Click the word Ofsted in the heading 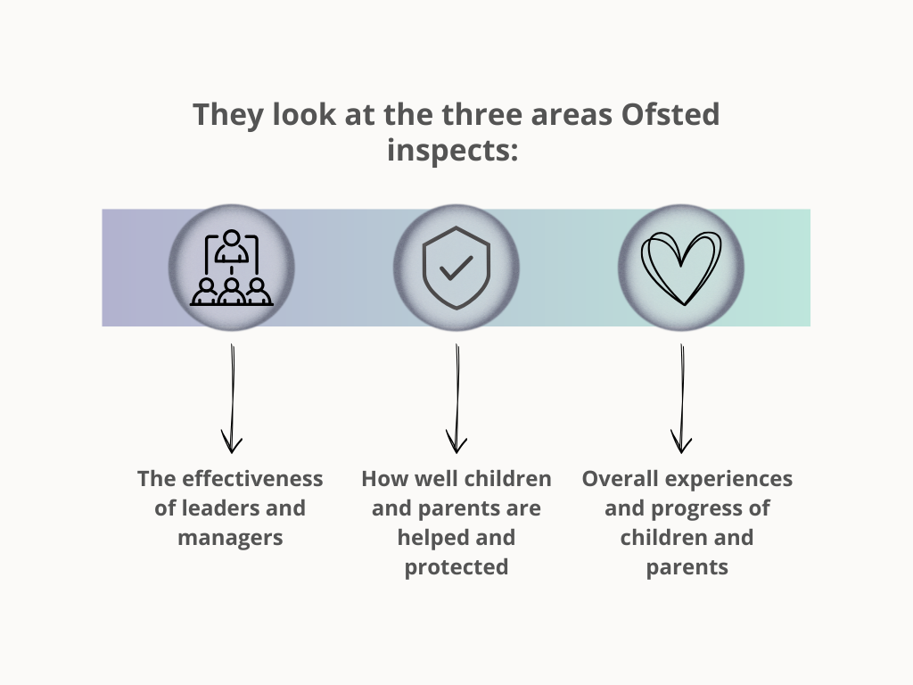coord(670,114)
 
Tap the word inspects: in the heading coord(452,150)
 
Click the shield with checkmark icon coord(456,268)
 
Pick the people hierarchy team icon coord(231,268)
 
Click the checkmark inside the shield coord(456,268)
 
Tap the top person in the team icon coord(232,246)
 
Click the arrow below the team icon coord(232,399)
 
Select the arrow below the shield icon coord(456,399)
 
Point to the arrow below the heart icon coord(681,399)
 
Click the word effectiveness coord(252,479)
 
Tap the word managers coord(231,538)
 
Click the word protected coord(456,567)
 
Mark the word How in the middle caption coord(382,479)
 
